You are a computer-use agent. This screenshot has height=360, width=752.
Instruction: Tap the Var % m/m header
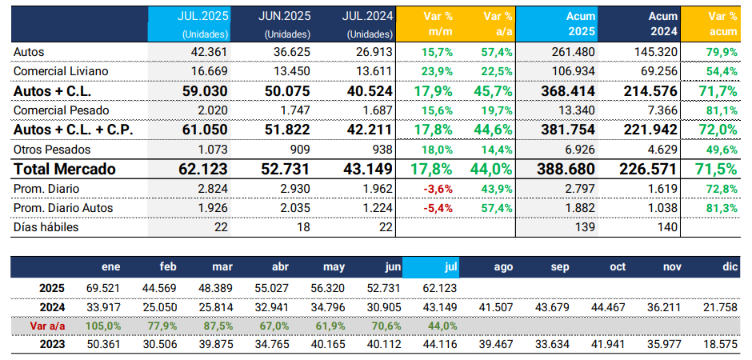coord(435,23)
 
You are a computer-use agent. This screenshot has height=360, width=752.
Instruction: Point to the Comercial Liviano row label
coord(61,71)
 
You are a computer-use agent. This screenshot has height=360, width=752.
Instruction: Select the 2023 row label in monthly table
coord(53,344)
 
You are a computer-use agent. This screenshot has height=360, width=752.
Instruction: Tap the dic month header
coord(727,267)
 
